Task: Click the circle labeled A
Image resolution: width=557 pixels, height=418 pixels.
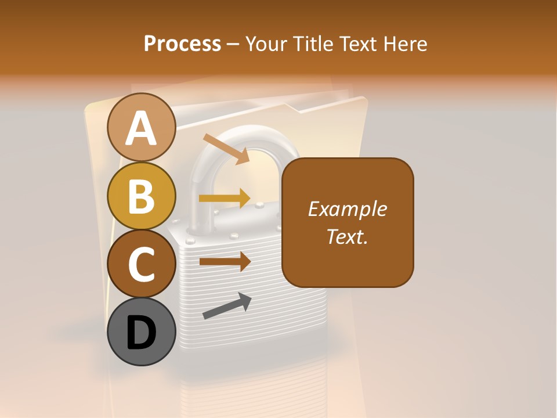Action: click(x=141, y=127)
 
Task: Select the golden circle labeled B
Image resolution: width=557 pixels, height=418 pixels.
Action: click(x=141, y=196)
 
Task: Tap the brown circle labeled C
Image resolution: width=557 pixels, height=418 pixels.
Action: click(x=141, y=264)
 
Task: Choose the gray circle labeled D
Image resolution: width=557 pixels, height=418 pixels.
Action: click(x=141, y=331)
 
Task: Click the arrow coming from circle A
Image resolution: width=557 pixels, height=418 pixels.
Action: click(x=226, y=149)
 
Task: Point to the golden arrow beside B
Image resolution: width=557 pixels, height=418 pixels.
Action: click(x=225, y=199)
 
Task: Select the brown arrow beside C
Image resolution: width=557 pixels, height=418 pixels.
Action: click(x=225, y=261)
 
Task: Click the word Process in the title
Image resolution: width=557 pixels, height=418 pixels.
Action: click(x=182, y=44)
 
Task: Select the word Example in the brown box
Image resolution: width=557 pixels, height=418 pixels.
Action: click(x=347, y=209)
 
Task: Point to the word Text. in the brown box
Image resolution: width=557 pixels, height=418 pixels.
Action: click(x=347, y=236)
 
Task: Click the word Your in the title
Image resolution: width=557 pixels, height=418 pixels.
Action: click(x=266, y=44)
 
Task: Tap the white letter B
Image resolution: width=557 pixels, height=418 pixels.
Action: click(x=141, y=196)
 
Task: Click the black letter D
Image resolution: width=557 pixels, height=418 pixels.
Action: click(x=141, y=333)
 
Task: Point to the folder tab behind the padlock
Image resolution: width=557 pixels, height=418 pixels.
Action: click(x=325, y=105)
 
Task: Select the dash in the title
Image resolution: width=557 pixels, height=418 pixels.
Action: click(x=233, y=44)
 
